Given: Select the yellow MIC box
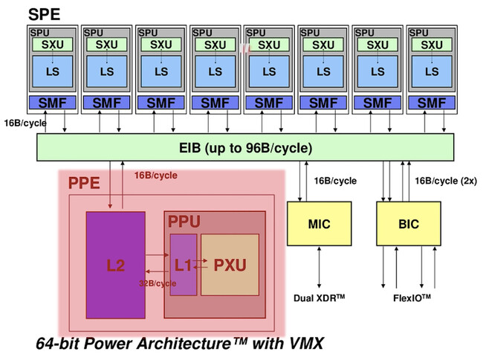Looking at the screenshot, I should pos(320,224).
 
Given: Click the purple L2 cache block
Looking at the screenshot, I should pos(115,265).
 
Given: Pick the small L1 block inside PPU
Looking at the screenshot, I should pos(183,265).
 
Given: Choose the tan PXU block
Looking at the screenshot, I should pos(230,265).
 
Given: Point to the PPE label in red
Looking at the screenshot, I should pos(84,183).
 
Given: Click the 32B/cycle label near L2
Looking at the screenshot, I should pos(158,283).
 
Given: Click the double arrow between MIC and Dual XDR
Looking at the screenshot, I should pos(320,268).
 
